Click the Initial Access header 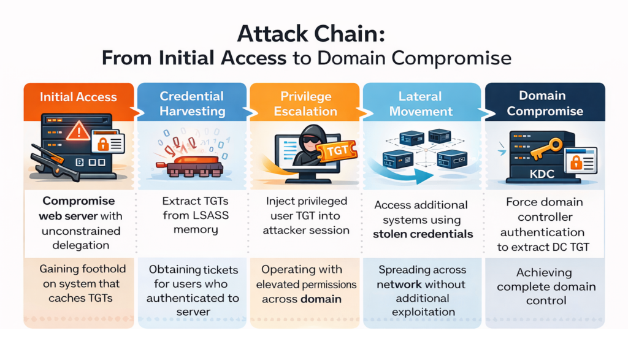point(77,97)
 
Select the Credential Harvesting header point(192,104)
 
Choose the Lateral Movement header point(420,104)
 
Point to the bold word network point(399,284)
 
